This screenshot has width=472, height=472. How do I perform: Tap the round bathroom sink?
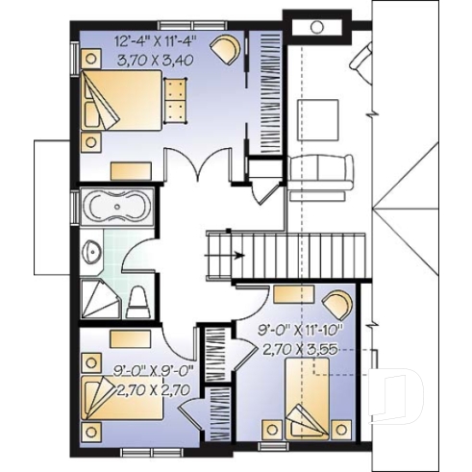(92, 253)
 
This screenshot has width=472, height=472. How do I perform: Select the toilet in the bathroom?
(137, 299)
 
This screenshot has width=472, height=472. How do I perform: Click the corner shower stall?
(97, 297)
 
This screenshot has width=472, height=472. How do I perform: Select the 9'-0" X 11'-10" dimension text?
(300, 334)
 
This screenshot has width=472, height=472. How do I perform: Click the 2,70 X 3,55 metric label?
(301, 351)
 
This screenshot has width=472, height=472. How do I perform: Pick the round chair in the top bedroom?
(227, 45)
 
